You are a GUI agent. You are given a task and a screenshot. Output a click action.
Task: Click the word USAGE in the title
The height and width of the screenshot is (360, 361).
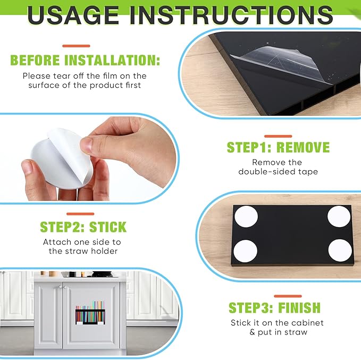73,15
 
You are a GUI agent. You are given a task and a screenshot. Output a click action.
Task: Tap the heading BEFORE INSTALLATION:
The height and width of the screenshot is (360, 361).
85,60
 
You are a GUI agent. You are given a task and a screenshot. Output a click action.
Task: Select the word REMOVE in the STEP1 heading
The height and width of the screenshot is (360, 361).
303,147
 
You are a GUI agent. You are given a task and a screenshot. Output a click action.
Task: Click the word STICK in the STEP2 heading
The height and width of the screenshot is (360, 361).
108,227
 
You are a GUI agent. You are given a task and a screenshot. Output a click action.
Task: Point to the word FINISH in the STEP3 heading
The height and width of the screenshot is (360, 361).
299,307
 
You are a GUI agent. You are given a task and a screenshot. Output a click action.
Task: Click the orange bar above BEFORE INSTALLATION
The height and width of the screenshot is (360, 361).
76,46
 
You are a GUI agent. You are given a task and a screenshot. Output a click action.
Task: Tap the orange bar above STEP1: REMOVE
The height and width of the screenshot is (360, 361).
278,136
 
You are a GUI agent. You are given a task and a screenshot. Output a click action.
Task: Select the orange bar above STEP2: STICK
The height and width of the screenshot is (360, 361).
80,214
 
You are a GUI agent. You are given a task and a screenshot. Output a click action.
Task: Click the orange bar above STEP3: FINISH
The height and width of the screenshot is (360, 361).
288,296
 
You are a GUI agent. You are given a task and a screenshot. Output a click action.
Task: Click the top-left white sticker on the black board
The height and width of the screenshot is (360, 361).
246,217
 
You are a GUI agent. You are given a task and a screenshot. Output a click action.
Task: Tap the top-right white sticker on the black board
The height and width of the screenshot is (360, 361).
339,217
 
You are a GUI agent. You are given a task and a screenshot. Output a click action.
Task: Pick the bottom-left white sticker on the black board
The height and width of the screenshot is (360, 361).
245,250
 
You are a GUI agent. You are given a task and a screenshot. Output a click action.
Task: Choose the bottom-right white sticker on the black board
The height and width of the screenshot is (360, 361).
340,250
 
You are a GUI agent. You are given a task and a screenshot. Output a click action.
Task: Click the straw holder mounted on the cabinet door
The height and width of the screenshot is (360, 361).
90,313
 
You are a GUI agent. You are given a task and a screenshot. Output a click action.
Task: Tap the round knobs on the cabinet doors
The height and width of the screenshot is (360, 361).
62,287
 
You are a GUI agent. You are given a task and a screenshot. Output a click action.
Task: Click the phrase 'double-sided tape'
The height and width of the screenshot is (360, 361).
278,172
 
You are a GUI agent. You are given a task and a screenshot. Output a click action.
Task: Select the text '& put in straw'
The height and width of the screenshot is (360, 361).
279,332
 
